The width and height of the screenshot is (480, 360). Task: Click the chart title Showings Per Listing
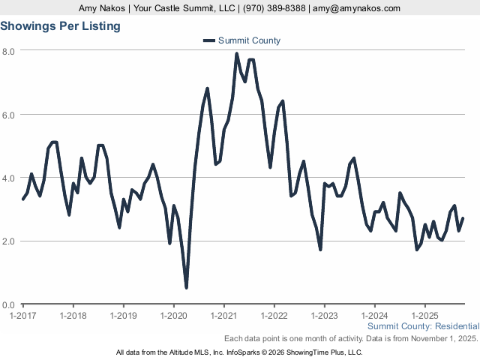[60, 26]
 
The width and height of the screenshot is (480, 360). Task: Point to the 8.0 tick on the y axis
[9, 51]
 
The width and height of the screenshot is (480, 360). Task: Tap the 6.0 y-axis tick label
[9, 115]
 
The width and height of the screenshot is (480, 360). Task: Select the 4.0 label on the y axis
[9, 178]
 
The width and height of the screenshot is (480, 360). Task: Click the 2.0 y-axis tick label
[9, 241]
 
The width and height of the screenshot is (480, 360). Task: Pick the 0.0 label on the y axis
[9, 305]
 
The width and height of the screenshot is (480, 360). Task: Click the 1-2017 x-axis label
[23, 315]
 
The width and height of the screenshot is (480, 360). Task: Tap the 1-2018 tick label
[73, 315]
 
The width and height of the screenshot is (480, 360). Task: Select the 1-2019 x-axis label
[124, 315]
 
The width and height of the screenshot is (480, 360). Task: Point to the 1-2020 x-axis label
[174, 315]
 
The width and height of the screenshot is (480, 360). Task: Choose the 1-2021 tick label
[224, 315]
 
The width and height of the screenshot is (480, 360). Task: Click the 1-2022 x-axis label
[274, 315]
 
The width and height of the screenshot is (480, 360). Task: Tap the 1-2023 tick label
[325, 315]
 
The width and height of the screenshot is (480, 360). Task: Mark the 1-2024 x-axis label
[375, 315]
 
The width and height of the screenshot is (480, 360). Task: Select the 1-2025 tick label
[425, 315]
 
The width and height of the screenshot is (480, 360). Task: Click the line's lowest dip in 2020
[186, 286]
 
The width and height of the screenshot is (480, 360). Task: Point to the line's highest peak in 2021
[236, 54]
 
